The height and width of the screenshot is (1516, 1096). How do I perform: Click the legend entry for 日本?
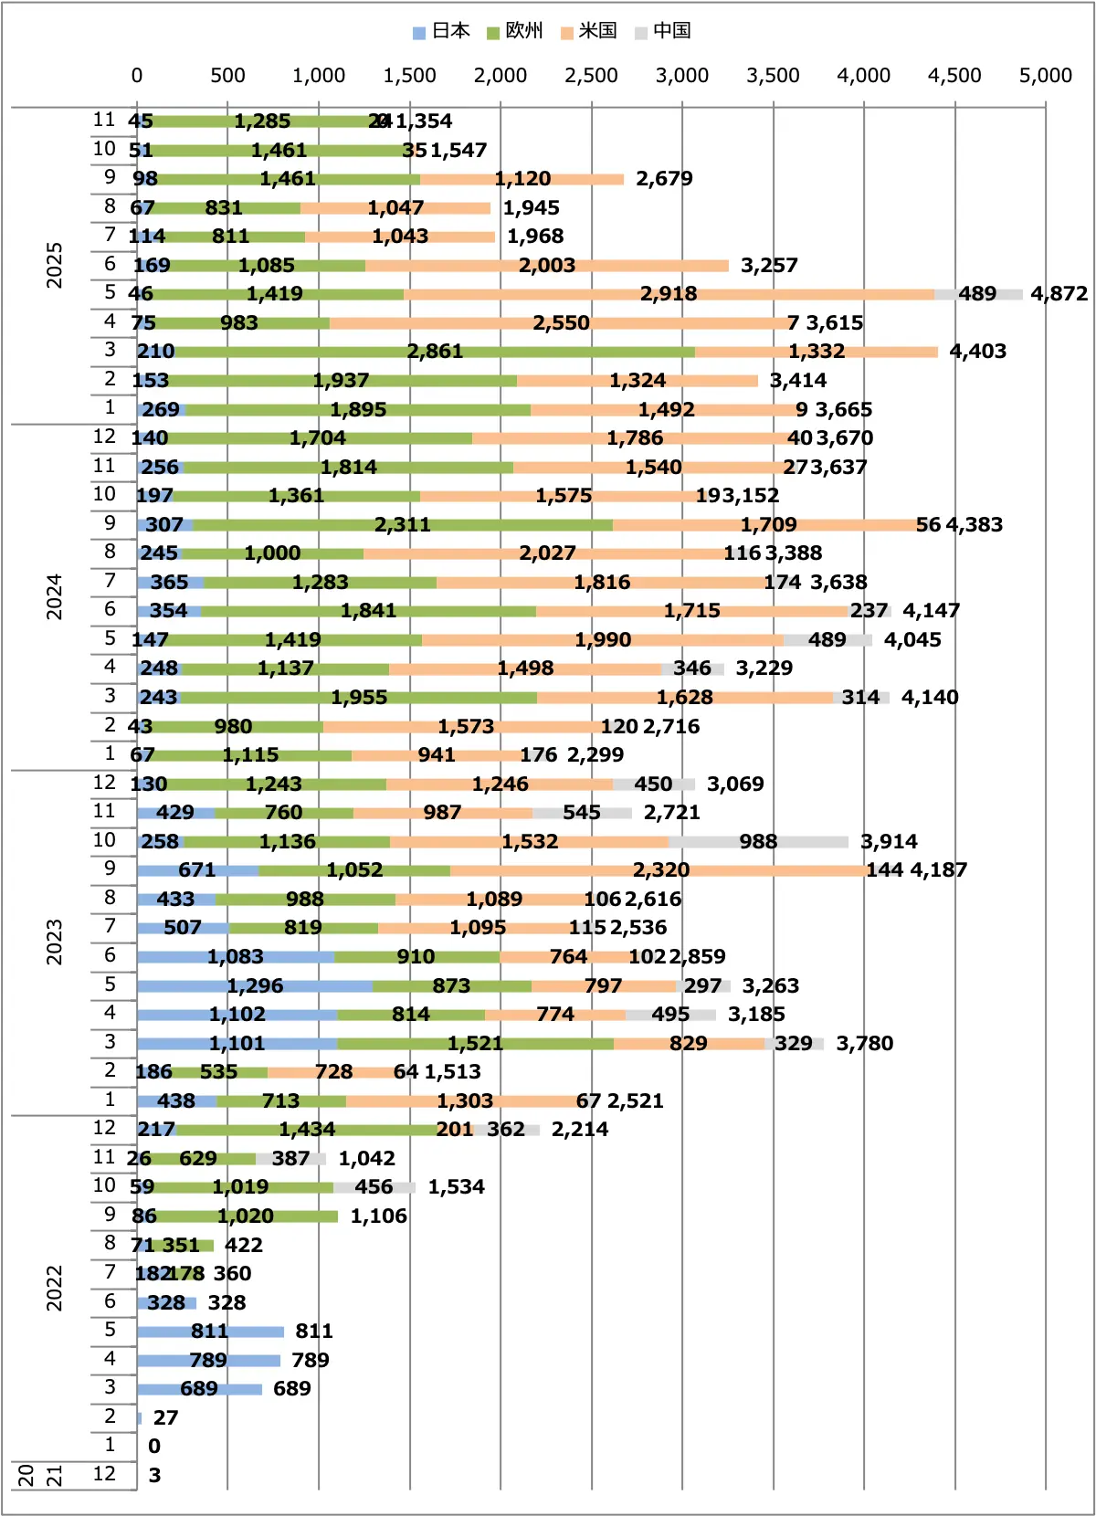tap(442, 31)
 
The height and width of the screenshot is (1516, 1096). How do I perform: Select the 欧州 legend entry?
tap(516, 31)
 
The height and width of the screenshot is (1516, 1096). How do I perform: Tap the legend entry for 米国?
tap(590, 31)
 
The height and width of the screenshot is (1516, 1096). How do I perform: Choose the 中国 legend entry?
tap(664, 31)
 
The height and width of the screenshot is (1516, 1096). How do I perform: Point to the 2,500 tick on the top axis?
tap(591, 76)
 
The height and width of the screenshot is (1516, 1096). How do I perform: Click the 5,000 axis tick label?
tap(1045, 76)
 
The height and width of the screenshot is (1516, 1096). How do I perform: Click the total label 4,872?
tap(1059, 294)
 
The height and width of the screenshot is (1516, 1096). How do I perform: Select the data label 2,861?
tap(435, 352)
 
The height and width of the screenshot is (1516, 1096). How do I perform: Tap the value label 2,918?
tap(668, 294)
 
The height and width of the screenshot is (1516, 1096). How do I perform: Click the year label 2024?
tap(55, 597)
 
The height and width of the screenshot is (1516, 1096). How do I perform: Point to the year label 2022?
tap(55, 1289)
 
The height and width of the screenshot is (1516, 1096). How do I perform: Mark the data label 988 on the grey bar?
tap(758, 841)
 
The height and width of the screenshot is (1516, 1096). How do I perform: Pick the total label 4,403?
tap(977, 352)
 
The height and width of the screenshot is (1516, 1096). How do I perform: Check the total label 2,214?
tap(579, 1130)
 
